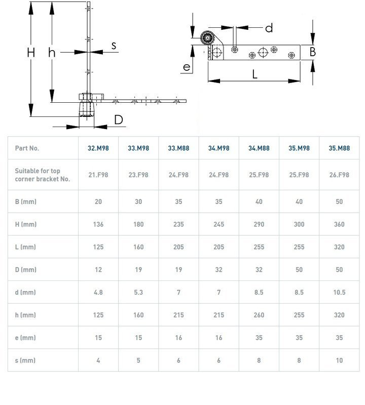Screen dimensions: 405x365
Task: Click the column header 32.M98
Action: point(98,148)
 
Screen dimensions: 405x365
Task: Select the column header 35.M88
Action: point(339,148)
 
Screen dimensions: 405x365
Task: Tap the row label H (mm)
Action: point(26,224)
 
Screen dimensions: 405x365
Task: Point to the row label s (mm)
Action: point(25,360)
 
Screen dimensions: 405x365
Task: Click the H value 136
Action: point(98,224)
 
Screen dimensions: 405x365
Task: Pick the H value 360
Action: point(339,224)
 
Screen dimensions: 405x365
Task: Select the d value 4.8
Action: point(98,292)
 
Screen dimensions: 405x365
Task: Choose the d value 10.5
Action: point(339,292)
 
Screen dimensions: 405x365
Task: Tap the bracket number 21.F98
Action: point(98,175)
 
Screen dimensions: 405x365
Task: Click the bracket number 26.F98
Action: point(339,175)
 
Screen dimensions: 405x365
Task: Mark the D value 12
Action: point(98,270)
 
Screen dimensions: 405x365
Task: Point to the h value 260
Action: point(259,315)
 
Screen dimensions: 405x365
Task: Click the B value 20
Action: point(98,201)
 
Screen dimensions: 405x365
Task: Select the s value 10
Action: point(339,360)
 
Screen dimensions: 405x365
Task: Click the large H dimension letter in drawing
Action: point(31,52)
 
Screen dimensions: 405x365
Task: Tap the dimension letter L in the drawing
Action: point(255,74)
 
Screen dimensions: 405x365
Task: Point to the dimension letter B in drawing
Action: point(313,52)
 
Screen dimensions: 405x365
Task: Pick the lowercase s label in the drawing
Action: point(114,46)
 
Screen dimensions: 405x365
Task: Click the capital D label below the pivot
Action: point(118,120)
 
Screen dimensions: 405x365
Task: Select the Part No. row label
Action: point(27,148)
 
